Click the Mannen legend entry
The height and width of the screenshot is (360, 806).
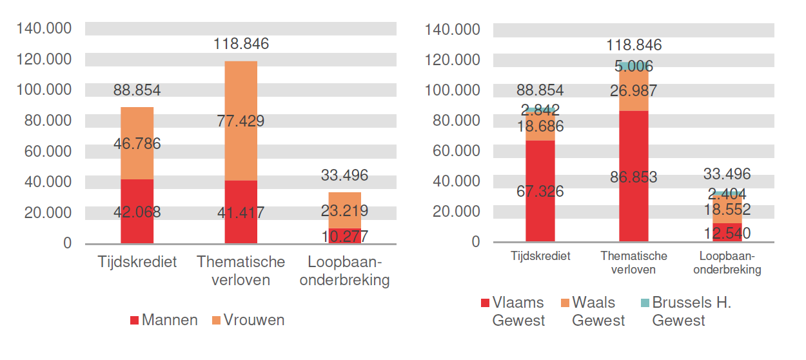tap(164, 320)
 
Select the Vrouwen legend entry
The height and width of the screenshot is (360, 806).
tap(248, 320)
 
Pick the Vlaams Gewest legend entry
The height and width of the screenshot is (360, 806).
tap(513, 311)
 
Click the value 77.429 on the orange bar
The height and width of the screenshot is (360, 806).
tap(241, 121)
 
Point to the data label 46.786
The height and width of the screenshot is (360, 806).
tap(137, 144)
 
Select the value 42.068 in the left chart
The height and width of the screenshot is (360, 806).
tap(137, 212)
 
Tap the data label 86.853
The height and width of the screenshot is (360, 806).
tap(633, 177)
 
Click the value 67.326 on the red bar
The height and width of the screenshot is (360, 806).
tap(540, 191)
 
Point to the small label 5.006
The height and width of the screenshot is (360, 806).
tap(633, 66)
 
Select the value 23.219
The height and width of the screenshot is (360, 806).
tap(344, 210)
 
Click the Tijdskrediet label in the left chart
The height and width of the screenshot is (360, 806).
tap(137, 263)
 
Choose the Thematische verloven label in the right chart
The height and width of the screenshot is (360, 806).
tap(633, 263)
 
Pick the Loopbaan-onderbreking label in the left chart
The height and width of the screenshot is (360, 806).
tap(344, 271)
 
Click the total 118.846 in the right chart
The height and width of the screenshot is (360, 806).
tap(633, 45)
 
